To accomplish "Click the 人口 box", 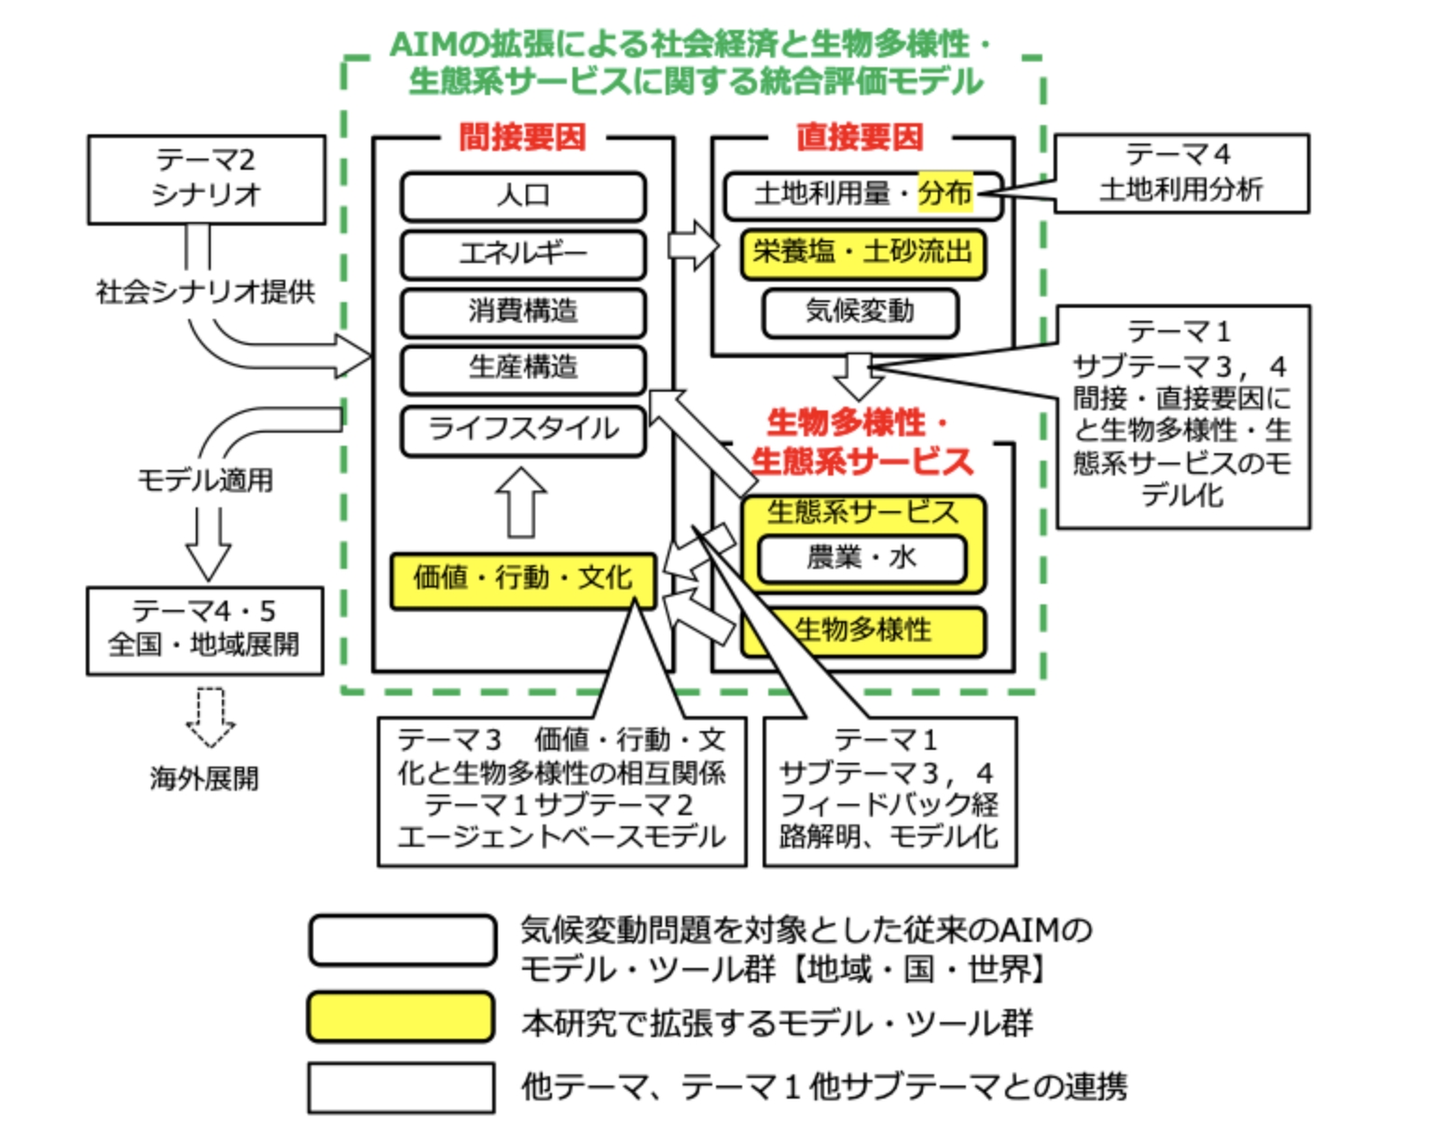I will (x=523, y=197).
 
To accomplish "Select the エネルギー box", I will (x=523, y=254).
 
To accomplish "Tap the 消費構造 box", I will (x=523, y=311).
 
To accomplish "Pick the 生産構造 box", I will (x=523, y=369).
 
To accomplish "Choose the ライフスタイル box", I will (x=523, y=430).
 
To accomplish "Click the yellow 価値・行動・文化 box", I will (x=523, y=579).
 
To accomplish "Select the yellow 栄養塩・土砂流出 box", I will (x=862, y=253).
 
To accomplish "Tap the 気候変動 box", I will (x=860, y=311).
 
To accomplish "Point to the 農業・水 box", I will (x=861, y=559).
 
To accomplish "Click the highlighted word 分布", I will (x=944, y=193).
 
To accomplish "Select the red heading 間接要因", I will (x=522, y=137).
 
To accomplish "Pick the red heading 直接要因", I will (x=860, y=137).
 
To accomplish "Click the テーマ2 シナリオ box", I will (x=206, y=178).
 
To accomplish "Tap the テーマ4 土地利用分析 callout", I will (x=1180, y=173).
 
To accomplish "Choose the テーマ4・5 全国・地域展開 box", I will (x=205, y=629).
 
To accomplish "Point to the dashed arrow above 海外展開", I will (x=210, y=717).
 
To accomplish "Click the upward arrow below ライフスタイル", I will (x=521, y=503).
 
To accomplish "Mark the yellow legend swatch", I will (x=401, y=1016).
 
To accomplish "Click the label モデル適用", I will (x=205, y=480).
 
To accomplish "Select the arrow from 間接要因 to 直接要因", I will (x=694, y=246).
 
